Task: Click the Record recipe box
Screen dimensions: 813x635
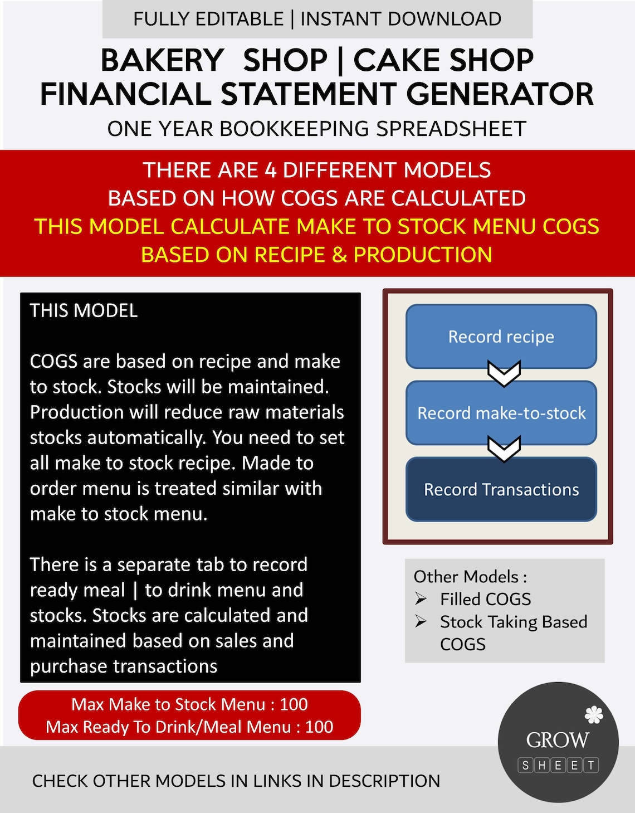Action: pyautogui.click(x=501, y=336)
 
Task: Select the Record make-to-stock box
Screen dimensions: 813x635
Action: pyautogui.click(x=501, y=413)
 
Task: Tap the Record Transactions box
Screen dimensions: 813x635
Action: pyautogui.click(x=501, y=489)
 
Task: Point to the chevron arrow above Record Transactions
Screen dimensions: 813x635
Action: pyautogui.click(x=504, y=449)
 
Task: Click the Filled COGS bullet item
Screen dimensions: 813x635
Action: pyautogui.click(x=485, y=599)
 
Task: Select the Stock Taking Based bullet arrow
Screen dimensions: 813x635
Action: pyautogui.click(x=421, y=621)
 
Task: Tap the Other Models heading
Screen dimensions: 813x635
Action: pyautogui.click(x=470, y=576)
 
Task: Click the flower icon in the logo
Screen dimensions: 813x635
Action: pyautogui.click(x=594, y=714)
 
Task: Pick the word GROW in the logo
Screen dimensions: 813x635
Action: pyautogui.click(x=557, y=740)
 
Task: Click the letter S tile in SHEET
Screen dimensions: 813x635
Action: pyautogui.click(x=525, y=765)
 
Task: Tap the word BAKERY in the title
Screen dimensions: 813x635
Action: pyautogui.click(x=162, y=60)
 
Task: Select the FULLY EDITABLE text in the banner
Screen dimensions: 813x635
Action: pyautogui.click(x=208, y=19)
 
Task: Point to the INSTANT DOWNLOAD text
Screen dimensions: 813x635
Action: pyautogui.click(x=400, y=19)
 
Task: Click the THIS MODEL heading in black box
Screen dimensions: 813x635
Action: pyautogui.click(x=84, y=310)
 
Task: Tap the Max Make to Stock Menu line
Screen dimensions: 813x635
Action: pyautogui.click(x=189, y=704)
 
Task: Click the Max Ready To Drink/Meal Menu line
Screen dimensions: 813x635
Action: pyautogui.click(x=189, y=727)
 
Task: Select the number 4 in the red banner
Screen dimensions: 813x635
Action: pyautogui.click(x=271, y=170)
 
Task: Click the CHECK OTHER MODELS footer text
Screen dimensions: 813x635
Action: pyautogui.click(x=236, y=781)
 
